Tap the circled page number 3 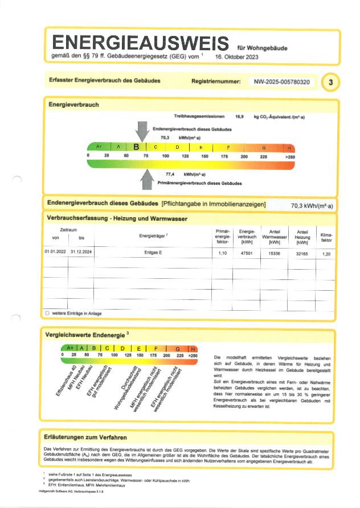coord(330,83)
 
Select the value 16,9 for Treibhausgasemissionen coord(239,116)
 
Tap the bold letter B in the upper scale coord(136,147)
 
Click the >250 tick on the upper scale coord(289,156)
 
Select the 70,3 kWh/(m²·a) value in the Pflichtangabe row coord(312,206)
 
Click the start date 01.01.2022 coord(55,251)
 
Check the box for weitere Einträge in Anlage coord(47,313)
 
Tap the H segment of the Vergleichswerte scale coord(193,348)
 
